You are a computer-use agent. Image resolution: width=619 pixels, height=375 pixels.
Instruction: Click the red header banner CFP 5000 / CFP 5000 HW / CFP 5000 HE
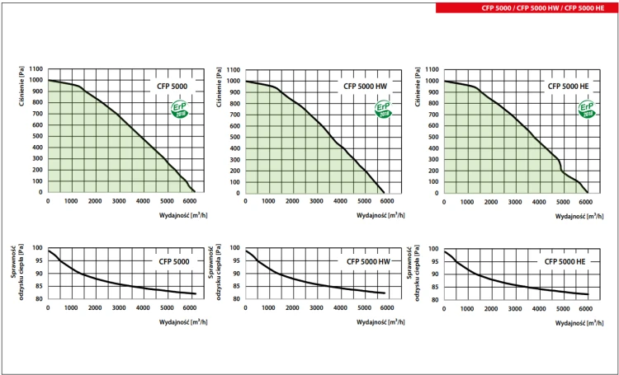click(x=525, y=7)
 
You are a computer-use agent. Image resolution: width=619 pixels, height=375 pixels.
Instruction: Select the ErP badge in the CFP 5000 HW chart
click(x=383, y=109)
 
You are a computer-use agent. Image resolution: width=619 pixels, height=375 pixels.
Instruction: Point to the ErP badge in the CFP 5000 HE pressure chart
click(x=586, y=109)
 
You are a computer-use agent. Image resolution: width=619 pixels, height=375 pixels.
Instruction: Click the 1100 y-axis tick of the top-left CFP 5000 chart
click(x=36, y=69)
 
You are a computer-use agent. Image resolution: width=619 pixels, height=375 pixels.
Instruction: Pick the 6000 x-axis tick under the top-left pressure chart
click(x=190, y=200)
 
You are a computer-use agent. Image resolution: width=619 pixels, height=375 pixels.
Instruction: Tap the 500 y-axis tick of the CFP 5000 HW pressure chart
click(x=236, y=137)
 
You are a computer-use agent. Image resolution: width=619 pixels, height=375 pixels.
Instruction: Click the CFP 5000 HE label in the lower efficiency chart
click(x=565, y=261)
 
